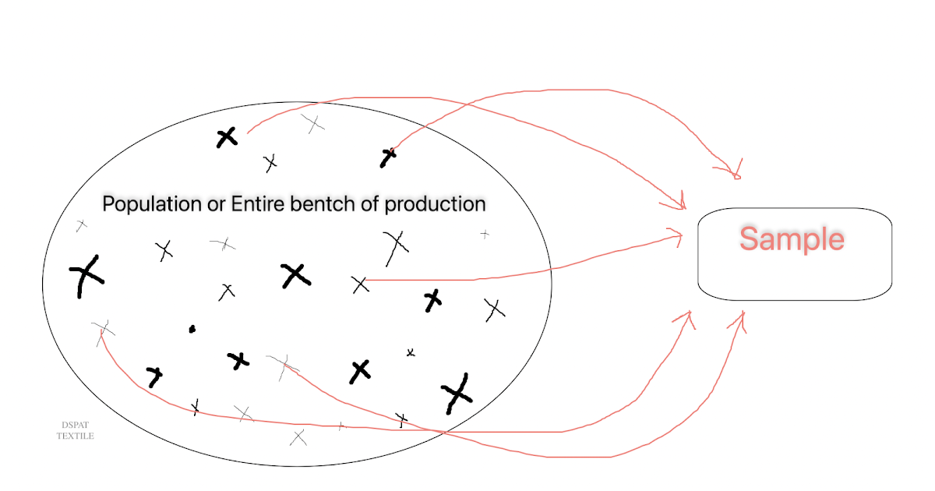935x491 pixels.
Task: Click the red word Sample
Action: (792, 238)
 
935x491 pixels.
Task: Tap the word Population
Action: (149, 204)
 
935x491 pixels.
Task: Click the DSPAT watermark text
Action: (75, 425)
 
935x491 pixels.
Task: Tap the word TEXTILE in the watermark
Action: (75, 436)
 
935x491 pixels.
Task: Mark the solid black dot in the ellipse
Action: (192, 329)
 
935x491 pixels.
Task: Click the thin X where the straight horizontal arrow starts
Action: (360, 284)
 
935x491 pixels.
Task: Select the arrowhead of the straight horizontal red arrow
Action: (676, 235)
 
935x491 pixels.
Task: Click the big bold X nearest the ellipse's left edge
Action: (86, 274)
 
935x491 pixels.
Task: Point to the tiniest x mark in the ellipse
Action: (411, 353)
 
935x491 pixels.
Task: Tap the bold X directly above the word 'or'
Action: (226, 138)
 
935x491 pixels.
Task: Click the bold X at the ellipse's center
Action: (295, 274)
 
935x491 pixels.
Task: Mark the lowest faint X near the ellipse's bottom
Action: (298, 437)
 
